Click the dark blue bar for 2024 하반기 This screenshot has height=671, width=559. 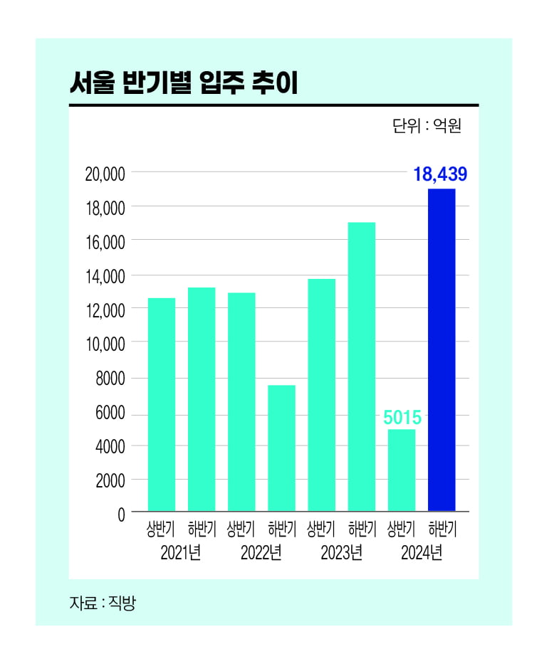pos(442,349)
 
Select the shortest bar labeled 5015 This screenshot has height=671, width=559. pos(402,470)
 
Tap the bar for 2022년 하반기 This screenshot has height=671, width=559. pos(281,448)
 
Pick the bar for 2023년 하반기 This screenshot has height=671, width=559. pos(362,366)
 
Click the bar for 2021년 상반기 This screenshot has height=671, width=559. pos(161,404)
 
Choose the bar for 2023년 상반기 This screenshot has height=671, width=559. pos(321,394)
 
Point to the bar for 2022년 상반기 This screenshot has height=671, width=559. pos(241,401)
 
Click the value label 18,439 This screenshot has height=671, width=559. pos(440,174)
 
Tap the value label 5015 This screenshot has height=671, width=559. pos(402,417)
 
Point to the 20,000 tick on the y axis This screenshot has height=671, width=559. pos(105,174)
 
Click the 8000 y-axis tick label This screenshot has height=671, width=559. pos(110,378)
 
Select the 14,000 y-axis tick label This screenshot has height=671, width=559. pos(105,276)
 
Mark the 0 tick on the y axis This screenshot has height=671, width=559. pos(121,514)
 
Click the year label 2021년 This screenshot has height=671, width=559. pos(181,552)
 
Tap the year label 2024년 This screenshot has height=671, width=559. pos(422,552)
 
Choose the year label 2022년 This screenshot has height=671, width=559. pos(261,552)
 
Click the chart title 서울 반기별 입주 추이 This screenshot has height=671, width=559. pos(183,83)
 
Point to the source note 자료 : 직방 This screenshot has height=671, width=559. pos(102,603)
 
